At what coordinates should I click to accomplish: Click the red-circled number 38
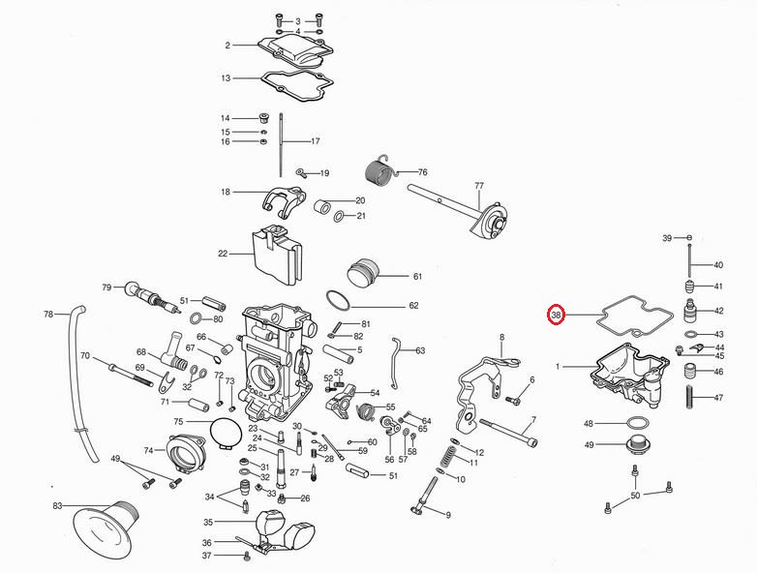click(557, 316)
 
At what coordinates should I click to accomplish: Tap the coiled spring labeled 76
click(378, 172)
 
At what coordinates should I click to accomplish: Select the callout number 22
click(223, 254)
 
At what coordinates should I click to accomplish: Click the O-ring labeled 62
click(338, 300)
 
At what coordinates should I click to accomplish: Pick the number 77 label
click(479, 186)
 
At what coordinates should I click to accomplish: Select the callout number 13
click(226, 78)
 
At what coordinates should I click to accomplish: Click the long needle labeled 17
click(281, 145)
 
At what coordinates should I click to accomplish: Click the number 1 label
click(558, 367)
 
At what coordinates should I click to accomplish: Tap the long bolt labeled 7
click(508, 432)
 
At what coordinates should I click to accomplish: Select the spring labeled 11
click(449, 457)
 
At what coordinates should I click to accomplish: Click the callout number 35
click(208, 522)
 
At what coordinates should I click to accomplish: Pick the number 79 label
click(106, 287)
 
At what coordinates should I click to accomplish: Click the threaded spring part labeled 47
click(690, 397)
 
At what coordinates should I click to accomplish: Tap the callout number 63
click(420, 350)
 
